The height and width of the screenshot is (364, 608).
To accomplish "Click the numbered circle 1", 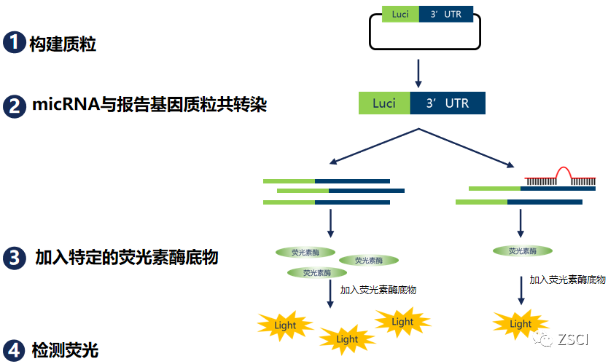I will click(14, 42).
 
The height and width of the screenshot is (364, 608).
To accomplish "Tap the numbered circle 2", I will click(14, 106).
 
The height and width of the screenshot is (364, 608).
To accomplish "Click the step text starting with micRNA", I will click(149, 106).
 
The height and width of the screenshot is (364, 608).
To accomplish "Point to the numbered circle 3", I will click(14, 257).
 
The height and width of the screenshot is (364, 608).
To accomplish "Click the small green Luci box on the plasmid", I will click(400, 14).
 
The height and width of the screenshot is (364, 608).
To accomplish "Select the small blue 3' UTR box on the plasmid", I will click(445, 14).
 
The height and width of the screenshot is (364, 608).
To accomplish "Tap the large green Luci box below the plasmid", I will click(384, 103).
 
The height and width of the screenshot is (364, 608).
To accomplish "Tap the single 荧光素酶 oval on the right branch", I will click(522, 250).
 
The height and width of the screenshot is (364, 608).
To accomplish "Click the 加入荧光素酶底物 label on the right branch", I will click(567, 279).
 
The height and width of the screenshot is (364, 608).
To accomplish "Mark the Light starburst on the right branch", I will click(521, 323).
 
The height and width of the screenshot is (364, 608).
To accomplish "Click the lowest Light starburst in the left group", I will click(347, 339).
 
